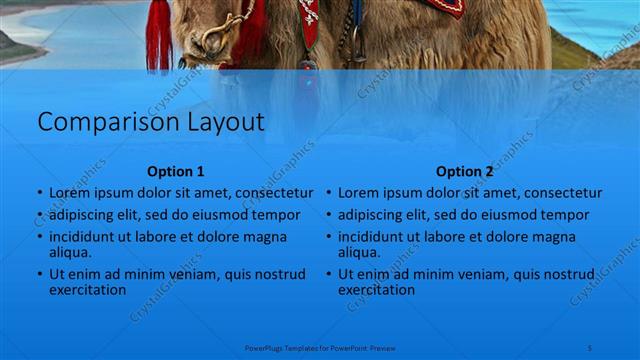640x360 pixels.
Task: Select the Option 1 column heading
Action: [x=175, y=171]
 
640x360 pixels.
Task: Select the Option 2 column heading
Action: [x=465, y=171]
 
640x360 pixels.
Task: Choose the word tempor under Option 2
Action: [x=567, y=215]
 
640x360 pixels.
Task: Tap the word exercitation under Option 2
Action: [x=376, y=290]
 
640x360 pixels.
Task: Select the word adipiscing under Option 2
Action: [x=370, y=215]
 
